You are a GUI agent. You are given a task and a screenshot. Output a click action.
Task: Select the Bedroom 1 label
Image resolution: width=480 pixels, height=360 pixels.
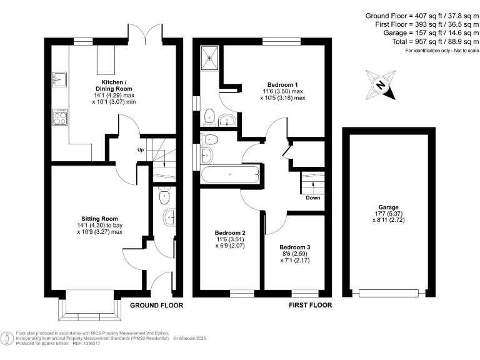coord(282,85)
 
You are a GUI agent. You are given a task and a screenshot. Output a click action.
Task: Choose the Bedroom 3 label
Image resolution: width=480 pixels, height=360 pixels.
coord(295,247)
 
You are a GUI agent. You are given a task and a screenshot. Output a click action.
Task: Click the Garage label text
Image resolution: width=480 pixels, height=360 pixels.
coord(387,207)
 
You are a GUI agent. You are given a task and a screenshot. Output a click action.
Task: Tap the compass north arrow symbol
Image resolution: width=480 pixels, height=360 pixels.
coord(380,86)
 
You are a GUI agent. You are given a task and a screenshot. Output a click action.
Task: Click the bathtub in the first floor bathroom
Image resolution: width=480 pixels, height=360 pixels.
coord(229,175)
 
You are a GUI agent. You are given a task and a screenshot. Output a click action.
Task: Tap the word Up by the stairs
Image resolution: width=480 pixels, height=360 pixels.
coord(141,150)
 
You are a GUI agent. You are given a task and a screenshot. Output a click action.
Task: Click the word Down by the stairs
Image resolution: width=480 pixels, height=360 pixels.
coord(313,198)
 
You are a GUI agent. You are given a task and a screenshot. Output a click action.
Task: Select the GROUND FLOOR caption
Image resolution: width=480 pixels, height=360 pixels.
coord(156,306)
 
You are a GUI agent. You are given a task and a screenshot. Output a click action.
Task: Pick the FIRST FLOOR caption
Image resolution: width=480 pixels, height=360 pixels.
coord(310,306)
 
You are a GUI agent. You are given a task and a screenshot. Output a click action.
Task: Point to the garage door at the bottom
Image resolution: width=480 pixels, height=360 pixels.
coord(387,292)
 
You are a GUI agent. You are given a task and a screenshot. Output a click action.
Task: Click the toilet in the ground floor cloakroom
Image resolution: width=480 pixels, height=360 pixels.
coord(164,196)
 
